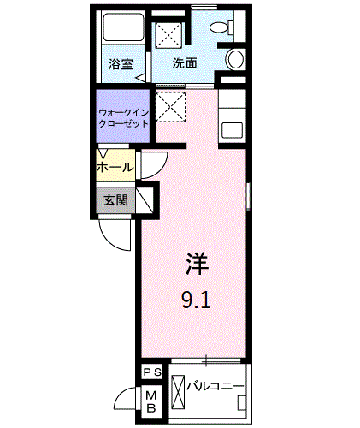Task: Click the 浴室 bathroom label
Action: coord(121,64)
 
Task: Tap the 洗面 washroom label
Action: coord(185,63)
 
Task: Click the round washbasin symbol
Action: coord(235,58)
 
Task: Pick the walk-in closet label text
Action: coord(123,118)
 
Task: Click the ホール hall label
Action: coord(115,167)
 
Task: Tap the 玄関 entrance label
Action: coord(115,200)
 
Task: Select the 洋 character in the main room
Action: coord(197,264)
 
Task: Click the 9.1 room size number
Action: coord(196,300)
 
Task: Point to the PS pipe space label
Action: coord(152,372)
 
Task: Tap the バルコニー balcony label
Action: coord(215,386)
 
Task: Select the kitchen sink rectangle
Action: coord(232,130)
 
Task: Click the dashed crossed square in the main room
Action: coord(170,107)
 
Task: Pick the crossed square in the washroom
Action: coord(168,36)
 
